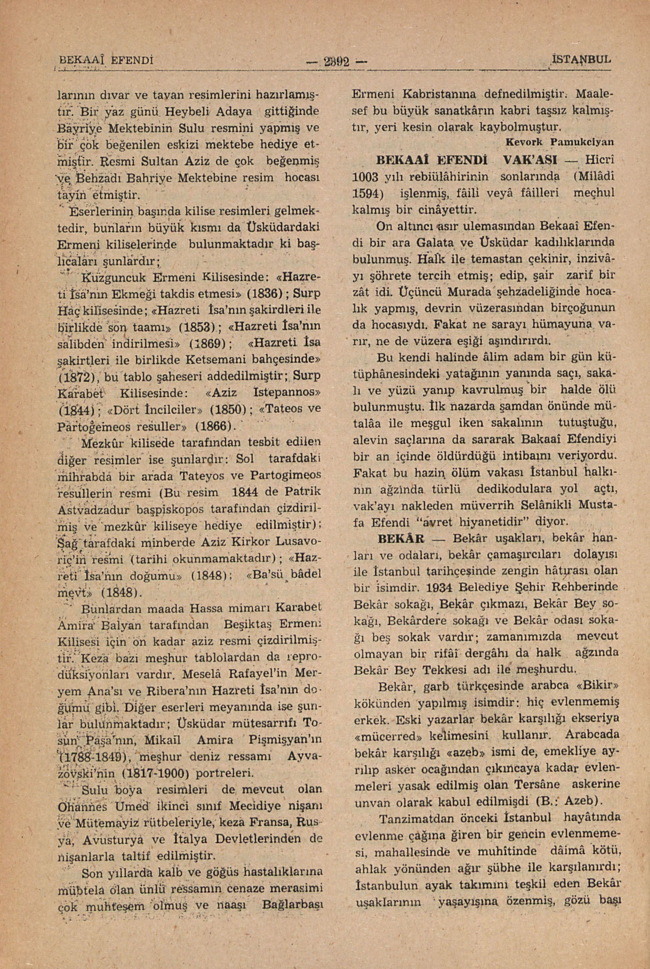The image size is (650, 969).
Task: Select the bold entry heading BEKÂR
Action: [x=401, y=539]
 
